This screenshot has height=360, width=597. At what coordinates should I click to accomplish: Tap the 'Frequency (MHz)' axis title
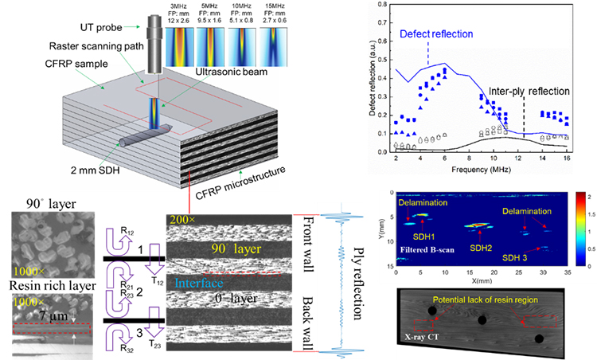point(476,171)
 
